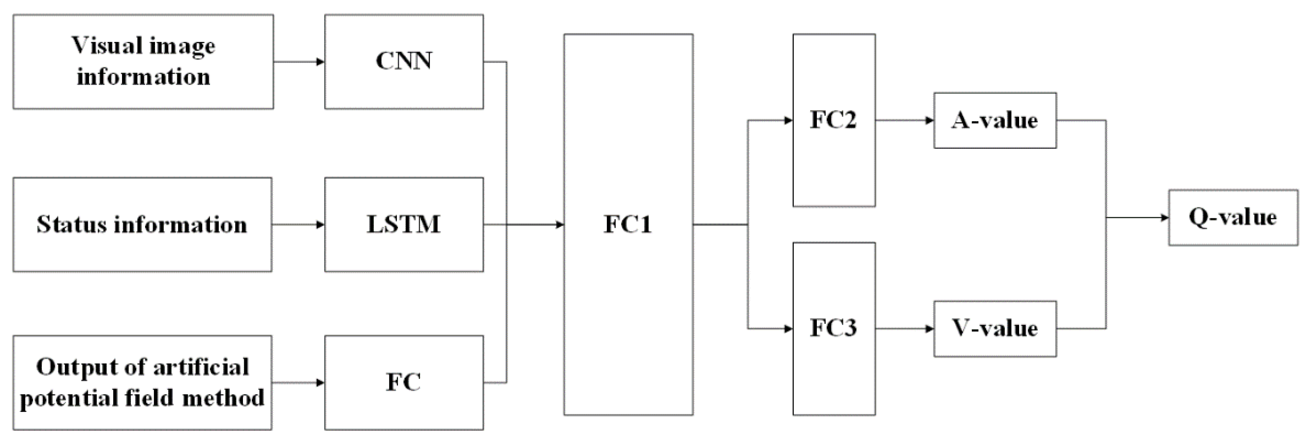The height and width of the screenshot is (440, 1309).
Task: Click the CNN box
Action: click(x=404, y=62)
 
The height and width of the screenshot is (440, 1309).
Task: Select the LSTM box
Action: click(x=404, y=225)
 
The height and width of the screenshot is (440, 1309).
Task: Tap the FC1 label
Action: click(x=628, y=224)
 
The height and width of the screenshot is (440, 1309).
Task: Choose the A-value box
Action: click(x=994, y=120)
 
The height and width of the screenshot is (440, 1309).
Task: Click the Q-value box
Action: click(x=1233, y=218)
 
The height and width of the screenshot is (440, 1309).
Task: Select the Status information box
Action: click(x=142, y=225)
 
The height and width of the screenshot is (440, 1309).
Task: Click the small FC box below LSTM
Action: click(x=404, y=382)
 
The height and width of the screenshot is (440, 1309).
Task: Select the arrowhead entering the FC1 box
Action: click(x=560, y=225)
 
